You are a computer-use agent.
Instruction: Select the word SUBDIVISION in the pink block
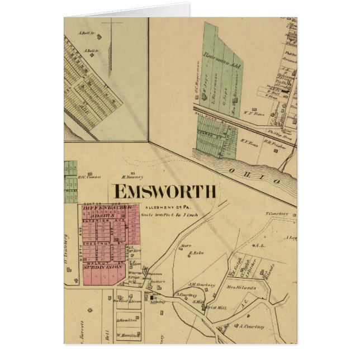click(x=102, y=267)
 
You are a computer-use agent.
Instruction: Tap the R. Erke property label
click(x=194, y=253)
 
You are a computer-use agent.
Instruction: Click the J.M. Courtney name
click(x=202, y=284)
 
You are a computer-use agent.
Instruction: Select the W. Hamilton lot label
click(x=127, y=336)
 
